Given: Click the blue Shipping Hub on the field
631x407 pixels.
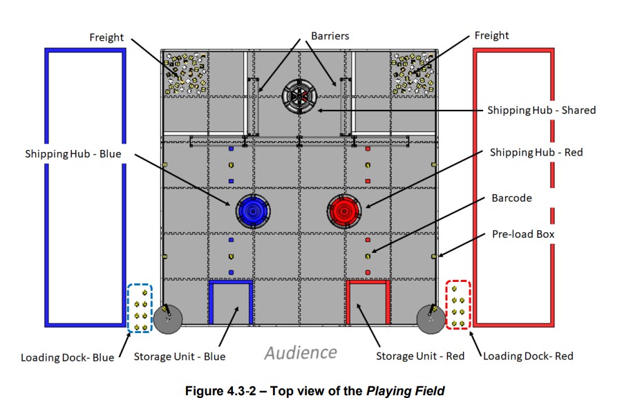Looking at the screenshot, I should [x=253, y=211].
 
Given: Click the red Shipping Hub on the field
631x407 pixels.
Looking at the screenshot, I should [x=344, y=210].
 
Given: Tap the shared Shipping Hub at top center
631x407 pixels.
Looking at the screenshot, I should [x=300, y=97].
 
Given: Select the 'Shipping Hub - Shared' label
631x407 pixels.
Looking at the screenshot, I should [x=541, y=110].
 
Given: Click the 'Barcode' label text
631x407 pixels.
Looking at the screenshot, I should [x=511, y=198].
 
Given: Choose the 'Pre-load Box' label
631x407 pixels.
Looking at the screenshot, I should [x=523, y=234].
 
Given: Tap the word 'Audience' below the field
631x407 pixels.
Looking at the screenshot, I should [x=301, y=352].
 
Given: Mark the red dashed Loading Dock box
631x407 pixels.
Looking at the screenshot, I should [x=458, y=305].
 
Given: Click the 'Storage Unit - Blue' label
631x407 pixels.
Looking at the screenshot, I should [x=180, y=357].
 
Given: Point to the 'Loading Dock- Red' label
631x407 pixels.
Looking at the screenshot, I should [x=528, y=357].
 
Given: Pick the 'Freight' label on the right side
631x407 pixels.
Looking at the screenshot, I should [x=491, y=35].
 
